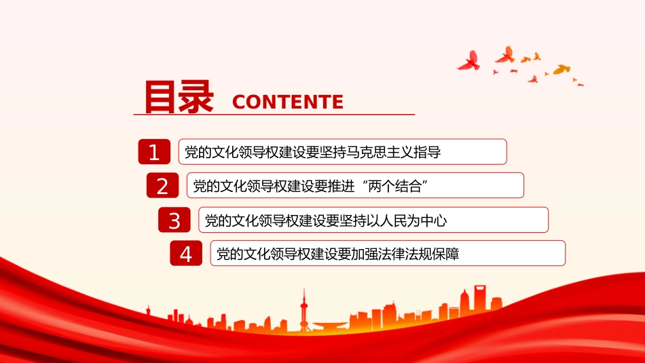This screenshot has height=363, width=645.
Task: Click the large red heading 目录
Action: point(179,96)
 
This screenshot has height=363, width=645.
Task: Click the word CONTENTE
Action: point(288,102)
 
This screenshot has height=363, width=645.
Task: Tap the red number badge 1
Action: point(154,152)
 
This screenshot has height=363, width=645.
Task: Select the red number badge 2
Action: point(162,185)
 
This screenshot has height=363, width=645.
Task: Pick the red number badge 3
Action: point(174,220)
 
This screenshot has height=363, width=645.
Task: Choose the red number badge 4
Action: point(186,253)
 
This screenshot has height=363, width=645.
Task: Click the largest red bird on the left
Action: point(469,61)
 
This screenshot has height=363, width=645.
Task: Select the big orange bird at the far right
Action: point(561,69)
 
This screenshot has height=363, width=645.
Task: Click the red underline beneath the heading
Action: point(274,114)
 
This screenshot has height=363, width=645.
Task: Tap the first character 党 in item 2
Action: point(200,186)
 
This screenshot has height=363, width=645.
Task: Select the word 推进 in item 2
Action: point(341,186)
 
